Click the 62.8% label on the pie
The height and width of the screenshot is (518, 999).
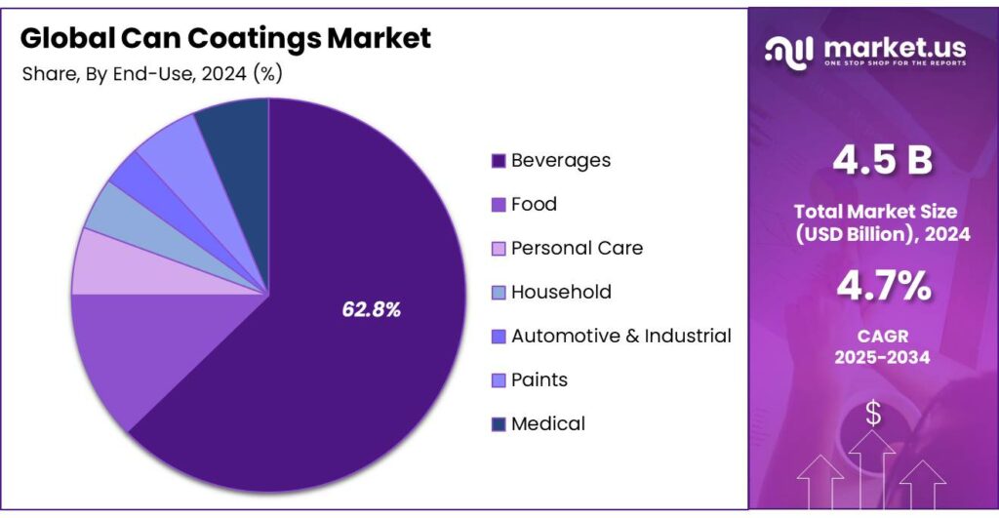[x=371, y=309]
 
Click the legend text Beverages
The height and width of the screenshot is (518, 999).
[x=560, y=160]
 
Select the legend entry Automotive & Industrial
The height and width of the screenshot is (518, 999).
[x=620, y=336]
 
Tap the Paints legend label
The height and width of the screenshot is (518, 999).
[x=539, y=379]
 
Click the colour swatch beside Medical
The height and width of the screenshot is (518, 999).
[x=499, y=424]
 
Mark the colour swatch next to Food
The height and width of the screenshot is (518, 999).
[x=499, y=205]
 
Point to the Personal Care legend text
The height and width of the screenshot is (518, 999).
[x=577, y=248]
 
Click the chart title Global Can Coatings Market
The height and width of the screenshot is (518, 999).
[x=225, y=38]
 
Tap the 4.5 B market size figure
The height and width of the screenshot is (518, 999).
[x=882, y=162]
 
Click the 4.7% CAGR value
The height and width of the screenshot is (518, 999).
[x=882, y=287]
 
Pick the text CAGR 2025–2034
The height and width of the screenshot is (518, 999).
[x=882, y=346]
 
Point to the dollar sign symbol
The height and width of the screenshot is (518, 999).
[x=873, y=414]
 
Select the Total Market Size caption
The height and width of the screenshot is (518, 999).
[x=882, y=222]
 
